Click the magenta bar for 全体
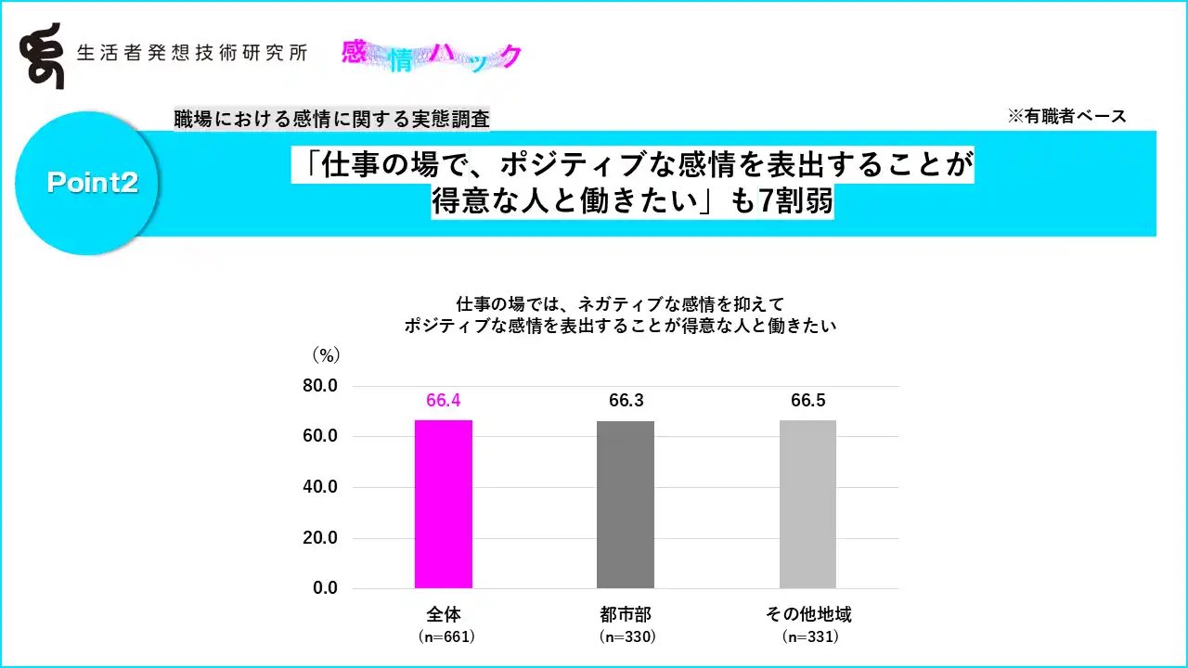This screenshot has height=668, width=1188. pyautogui.click(x=444, y=504)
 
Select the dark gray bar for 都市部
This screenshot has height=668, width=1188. pyautogui.click(x=626, y=505)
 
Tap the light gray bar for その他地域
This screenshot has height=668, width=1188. pyautogui.click(x=807, y=504)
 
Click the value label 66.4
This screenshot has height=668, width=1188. pyautogui.click(x=444, y=401)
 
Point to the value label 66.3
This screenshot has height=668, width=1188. pyautogui.click(x=626, y=401)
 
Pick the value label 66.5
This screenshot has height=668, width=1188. pyautogui.click(x=808, y=401)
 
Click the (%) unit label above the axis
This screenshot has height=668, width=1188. pyautogui.click(x=326, y=354)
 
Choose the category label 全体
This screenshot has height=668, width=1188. pyautogui.click(x=444, y=614)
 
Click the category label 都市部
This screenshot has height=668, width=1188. pyautogui.click(x=626, y=614)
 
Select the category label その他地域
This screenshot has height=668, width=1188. pyautogui.click(x=808, y=614)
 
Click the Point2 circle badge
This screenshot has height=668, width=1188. pyautogui.click(x=90, y=183)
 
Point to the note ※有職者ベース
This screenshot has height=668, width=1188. pyautogui.click(x=1066, y=116)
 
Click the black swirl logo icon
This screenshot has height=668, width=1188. pyautogui.click(x=42, y=56)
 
